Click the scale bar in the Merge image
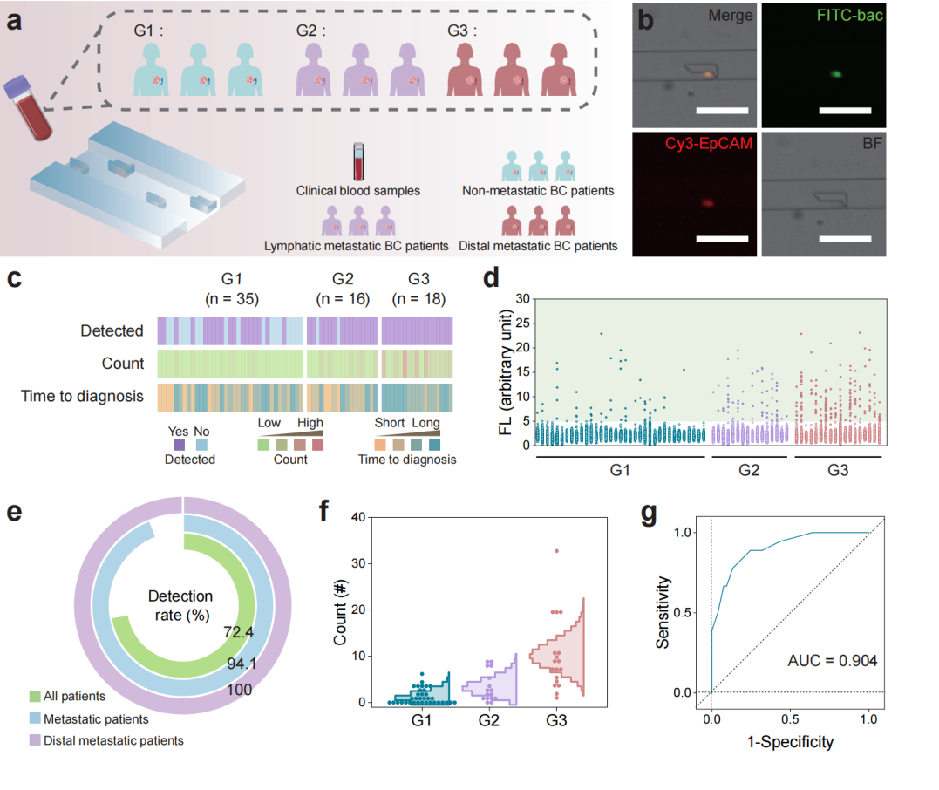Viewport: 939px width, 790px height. (723, 111)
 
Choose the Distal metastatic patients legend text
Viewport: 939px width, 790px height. (106, 741)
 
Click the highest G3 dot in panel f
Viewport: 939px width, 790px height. (555, 550)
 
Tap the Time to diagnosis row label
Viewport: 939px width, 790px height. (82, 396)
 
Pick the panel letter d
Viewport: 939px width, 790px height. (492, 281)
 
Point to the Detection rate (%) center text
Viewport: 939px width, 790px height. (180, 604)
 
